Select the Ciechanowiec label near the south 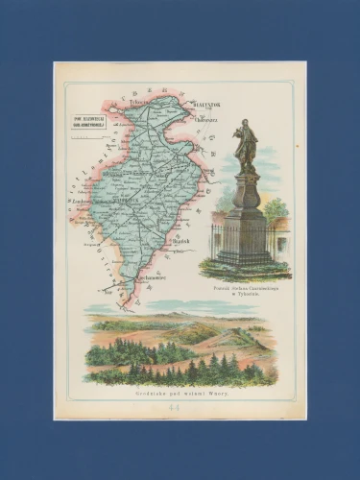[127, 275]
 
